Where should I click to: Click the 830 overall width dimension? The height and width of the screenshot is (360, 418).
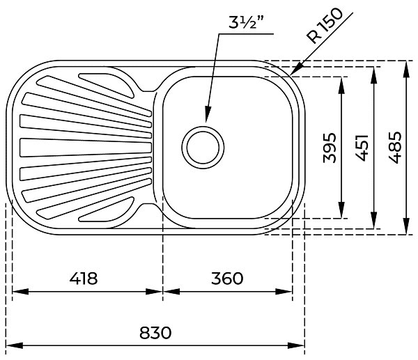coord(155,333)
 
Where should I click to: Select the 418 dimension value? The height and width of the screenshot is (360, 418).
coord(84,279)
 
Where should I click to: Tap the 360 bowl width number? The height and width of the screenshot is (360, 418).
coord(227,279)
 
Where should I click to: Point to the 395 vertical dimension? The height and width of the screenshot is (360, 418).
coord(330,148)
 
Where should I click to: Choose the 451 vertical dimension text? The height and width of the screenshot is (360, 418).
coord(362,148)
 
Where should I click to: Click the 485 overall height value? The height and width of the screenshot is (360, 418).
coord(394,148)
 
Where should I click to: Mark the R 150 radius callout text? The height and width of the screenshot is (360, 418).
coord(325,26)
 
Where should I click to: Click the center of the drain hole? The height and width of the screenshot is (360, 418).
coord(203,148)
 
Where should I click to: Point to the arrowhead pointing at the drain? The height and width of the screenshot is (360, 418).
coord(207,114)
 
